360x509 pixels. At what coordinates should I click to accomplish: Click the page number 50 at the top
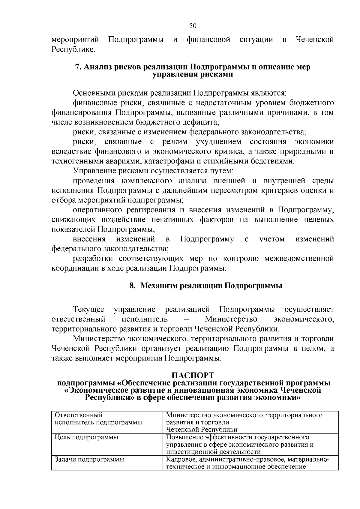click(193, 26)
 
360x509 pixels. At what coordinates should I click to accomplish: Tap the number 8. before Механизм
click(132, 286)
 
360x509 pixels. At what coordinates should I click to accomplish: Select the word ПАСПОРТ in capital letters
click(193, 376)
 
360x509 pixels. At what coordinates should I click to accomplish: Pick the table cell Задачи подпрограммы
click(89, 459)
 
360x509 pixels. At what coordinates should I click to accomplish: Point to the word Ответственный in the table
click(79, 415)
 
